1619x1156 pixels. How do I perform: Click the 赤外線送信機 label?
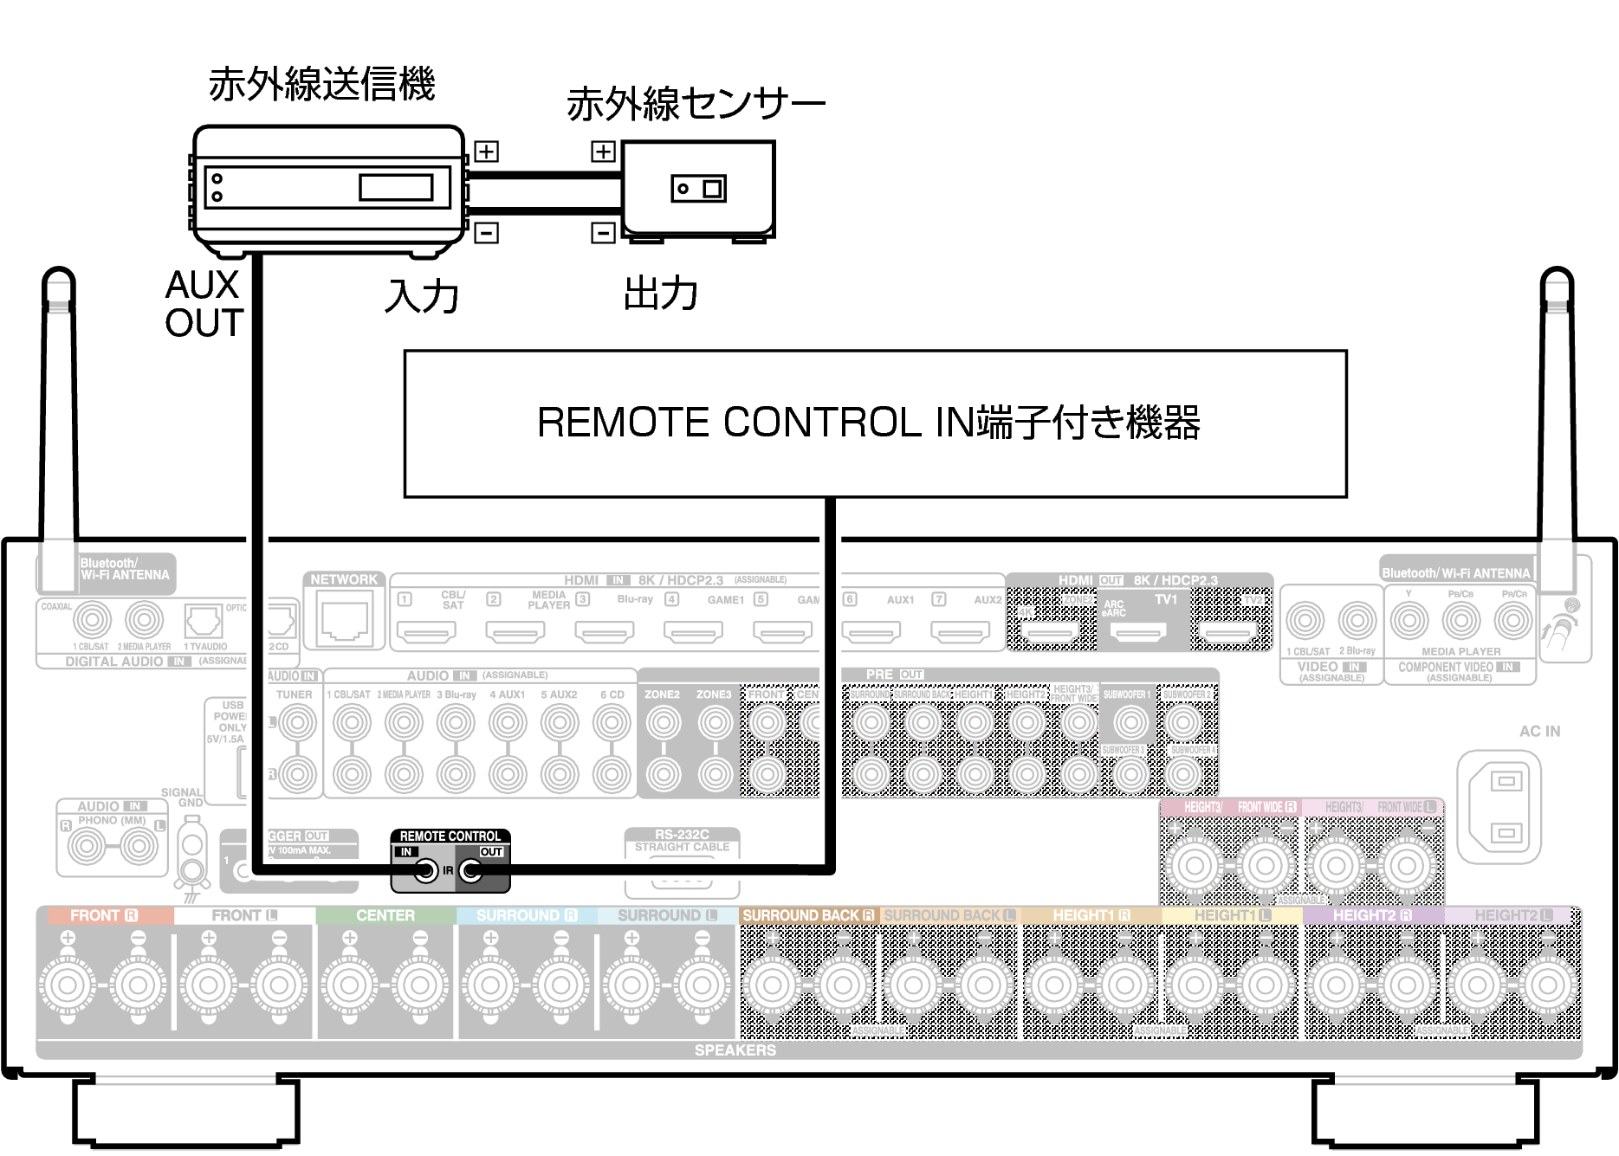point(321,85)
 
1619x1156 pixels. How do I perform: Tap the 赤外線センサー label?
point(696,104)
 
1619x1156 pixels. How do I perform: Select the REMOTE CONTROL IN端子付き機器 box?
point(875,423)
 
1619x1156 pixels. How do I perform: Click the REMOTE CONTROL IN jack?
point(425,870)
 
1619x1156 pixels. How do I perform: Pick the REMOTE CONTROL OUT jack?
point(471,870)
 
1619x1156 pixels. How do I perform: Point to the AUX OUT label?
point(204,304)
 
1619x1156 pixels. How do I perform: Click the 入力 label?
point(422,296)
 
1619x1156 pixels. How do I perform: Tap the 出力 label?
point(661,294)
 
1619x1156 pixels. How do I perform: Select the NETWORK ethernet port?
point(345,619)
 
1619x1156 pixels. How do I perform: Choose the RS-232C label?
point(682,835)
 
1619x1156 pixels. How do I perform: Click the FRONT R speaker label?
point(104,915)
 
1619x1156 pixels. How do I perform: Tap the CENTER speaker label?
point(385,915)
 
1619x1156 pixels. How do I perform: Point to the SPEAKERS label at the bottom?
point(735,1049)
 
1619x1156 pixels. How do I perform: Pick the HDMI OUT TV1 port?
point(1138,632)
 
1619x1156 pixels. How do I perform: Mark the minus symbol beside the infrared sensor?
point(603,232)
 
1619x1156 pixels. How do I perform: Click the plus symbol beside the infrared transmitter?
point(486,152)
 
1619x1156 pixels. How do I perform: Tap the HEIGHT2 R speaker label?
point(1372,915)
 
